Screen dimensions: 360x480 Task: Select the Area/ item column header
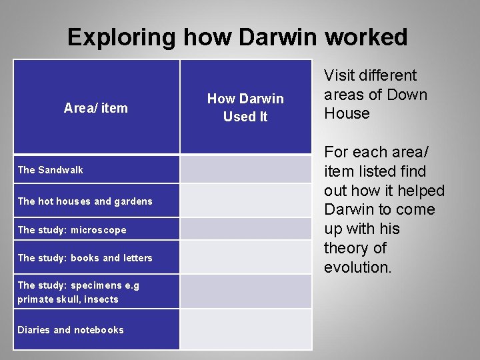(x=95, y=108)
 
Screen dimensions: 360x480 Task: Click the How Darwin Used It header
(x=245, y=108)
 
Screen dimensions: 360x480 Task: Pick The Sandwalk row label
(x=51, y=170)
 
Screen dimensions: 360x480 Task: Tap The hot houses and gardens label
(x=85, y=201)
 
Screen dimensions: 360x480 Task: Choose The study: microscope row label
(x=71, y=230)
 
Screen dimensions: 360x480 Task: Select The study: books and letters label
(x=85, y=258)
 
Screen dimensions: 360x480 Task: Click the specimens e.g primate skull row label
(x=78, y=292)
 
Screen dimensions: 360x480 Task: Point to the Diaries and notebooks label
(x=70, y=330)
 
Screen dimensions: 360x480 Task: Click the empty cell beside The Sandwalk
(x=246, y=169)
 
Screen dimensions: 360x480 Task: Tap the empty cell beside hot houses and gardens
(x=246, y=201)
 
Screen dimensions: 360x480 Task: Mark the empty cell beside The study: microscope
(x=246, y=229)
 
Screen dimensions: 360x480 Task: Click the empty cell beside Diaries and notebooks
(x=246, y=329)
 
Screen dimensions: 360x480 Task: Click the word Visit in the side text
(x=340, y=76)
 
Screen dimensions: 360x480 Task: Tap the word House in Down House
(x=347, y=113)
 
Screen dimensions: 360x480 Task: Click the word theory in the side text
(x=345, y=248)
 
